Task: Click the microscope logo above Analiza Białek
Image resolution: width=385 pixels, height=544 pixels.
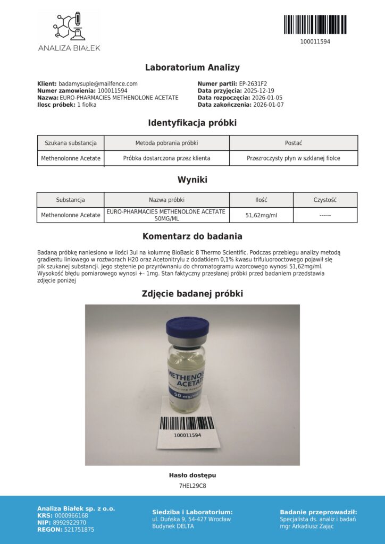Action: pos(69,25)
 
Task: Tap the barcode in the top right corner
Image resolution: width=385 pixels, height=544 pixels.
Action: pos(315,24)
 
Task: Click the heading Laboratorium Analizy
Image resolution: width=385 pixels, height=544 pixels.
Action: pos(192,67)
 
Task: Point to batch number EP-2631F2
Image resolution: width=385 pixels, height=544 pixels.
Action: pos(257,83)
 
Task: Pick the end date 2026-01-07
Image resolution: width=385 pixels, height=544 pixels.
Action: pos(269,105)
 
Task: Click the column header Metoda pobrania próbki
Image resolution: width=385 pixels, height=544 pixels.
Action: pos(166,143)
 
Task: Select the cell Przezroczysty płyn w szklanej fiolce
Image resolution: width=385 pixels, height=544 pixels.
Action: pos(294,158)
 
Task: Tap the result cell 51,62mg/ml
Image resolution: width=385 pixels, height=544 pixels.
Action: pos(261,215)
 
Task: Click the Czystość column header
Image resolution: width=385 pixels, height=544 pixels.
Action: pos(325,200)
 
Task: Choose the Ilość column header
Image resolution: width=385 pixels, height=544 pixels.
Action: pos(261,200)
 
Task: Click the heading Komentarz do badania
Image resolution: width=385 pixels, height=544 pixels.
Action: pos(192,236)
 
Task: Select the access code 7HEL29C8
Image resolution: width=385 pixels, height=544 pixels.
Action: pos(192,486)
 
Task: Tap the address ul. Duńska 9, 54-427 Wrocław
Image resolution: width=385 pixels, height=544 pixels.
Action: pos(191,519)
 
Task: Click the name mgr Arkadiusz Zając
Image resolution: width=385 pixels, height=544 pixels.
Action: pos(309,526)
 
